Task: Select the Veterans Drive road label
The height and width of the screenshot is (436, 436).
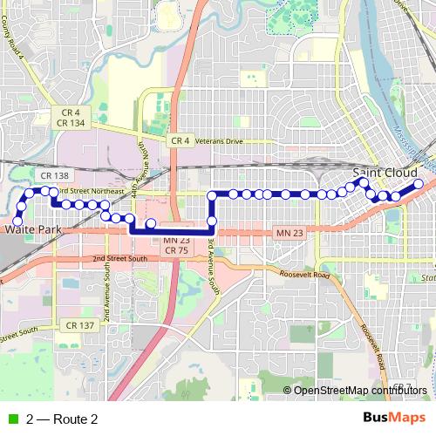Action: [221, 140]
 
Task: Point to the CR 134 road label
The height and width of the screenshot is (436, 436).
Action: [72, 124]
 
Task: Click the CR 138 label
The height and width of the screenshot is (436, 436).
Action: [54, 175]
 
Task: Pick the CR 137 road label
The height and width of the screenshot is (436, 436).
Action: [79, 325]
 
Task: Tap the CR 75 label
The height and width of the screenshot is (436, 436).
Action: [176, 250]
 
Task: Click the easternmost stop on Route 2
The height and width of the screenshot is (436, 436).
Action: [418, 184]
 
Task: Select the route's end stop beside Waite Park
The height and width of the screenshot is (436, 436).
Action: [18, 221]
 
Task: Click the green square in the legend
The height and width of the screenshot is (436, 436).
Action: [11, 419]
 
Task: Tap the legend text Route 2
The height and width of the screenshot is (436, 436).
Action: [61, 419]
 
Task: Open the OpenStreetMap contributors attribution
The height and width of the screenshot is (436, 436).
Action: [360, 390]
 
